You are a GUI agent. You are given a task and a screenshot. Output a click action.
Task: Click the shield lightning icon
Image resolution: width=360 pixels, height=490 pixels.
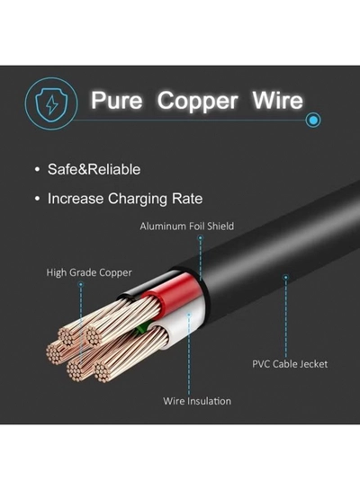pos(51,103)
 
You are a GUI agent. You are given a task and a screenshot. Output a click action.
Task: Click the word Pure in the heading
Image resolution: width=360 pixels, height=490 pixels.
pos(117,101)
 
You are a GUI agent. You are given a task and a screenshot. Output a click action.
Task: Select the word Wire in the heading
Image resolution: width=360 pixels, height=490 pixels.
pos(277,101)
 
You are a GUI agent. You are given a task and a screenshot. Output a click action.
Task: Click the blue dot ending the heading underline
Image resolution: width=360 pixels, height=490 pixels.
pos(313,120)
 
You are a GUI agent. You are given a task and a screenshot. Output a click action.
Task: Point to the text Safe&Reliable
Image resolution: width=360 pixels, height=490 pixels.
pos(94,169)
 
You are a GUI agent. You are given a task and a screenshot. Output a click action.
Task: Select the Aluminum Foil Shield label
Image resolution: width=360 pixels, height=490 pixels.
pos(186,226)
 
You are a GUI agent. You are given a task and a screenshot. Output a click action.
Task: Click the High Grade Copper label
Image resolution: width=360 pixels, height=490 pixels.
pos(89,272)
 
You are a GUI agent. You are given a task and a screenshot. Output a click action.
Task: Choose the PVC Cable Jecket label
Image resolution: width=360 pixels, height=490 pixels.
pos(290,364)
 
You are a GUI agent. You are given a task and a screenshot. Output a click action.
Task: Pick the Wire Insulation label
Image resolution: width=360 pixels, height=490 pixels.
pos(197,401)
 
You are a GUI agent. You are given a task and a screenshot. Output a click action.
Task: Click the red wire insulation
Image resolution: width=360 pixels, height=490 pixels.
pos(175,290)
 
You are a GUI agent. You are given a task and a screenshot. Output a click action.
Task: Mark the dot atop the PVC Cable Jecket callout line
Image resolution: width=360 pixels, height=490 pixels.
pos(285,277)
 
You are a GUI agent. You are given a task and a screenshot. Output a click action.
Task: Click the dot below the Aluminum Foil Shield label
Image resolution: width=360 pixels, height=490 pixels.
pos(201,238)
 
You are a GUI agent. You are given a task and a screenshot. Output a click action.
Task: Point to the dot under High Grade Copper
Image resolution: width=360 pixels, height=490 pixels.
pos(81,284)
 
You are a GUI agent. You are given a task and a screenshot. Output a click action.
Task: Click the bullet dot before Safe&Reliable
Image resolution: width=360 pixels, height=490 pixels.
pos(38,170)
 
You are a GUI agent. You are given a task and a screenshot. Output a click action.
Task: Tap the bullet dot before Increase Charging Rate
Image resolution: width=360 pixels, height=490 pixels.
pos(38,199)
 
